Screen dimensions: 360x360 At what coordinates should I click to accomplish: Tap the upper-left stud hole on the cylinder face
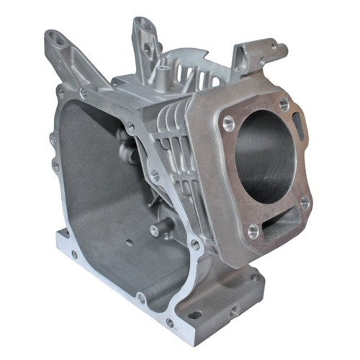coord(228,120)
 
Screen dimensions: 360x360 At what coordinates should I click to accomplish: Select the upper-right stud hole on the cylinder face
coord(284,104)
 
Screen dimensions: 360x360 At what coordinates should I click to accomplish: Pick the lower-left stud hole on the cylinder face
coord(253,230)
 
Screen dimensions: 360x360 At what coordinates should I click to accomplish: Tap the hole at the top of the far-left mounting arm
coord(53,36)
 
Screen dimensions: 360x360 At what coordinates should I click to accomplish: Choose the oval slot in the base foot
coord(195,314)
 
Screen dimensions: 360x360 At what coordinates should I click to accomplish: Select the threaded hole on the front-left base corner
coord(73,254)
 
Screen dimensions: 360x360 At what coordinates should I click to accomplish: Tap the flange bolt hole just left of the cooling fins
coord(130,127)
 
